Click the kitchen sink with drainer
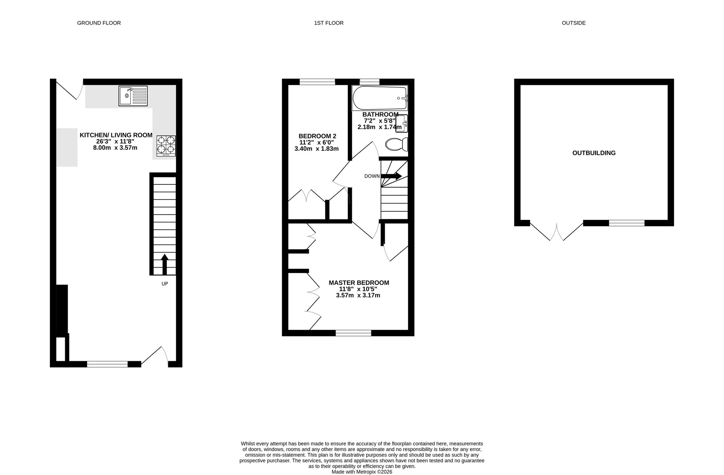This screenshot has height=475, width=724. tap(133, 96)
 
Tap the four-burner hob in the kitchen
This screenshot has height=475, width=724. tap(166, 146)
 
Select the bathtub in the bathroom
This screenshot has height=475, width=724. tap(380, 98)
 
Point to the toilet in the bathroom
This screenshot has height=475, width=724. tap(397, 145)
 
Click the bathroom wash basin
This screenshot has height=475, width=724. tap(402, 124)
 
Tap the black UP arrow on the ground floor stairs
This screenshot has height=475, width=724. tap(165, 265)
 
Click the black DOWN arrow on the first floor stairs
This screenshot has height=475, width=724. tap(391, 176)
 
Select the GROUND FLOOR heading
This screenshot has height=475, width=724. tap(99, 23)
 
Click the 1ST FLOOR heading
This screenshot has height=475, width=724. tap(329, 23)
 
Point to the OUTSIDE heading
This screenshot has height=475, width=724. tap(574, 23)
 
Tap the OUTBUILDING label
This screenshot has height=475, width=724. tap(594, 153)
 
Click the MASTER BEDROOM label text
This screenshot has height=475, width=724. tap(359, 283)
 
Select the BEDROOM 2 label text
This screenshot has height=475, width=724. tap(317, 136)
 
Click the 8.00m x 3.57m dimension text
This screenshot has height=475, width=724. tap(115, 148)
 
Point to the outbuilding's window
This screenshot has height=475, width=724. tap(627, 223)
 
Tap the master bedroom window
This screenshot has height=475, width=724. tap(354, 333)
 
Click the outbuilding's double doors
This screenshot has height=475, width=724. tap(557, 231)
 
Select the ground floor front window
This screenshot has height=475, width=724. tap(108, 364)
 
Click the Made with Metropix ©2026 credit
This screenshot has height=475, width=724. tap(362, 472)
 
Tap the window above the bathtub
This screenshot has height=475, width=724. tap(370, 82)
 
